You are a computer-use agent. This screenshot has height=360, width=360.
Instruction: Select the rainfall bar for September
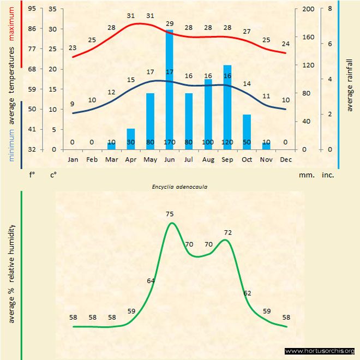(227, 107)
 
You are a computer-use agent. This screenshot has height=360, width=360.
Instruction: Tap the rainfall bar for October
(247, 131)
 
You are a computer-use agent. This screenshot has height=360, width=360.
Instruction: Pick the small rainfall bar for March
(111, 146)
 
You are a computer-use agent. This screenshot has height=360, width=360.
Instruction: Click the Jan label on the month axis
(73, 160)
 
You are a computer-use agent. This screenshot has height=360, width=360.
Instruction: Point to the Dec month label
(286, 160)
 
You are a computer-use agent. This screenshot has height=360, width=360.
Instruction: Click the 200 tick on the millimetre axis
(308, 9)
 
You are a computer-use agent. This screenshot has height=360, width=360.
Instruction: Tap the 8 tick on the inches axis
(330, 9)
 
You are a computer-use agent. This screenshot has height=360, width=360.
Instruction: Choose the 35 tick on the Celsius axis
(52, 9)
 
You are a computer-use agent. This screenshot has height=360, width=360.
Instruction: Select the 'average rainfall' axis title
(350, 85)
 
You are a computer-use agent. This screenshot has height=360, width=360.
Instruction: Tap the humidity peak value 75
(170, 214)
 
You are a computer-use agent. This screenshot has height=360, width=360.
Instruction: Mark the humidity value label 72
(228, 232)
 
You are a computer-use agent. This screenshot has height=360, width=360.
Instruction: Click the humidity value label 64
(151, 280)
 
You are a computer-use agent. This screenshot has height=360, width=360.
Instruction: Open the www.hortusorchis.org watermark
(320, 351)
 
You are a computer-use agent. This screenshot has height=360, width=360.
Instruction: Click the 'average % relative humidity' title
(11, 273)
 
